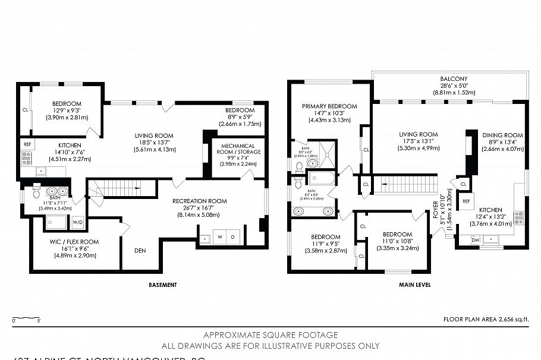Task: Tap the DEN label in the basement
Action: coord(140,251)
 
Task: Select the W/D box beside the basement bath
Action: coord(78,222)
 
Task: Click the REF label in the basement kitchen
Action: coord(27,144)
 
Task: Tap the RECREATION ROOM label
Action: coord(200,201)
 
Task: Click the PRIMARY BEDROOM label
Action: coord(329,107)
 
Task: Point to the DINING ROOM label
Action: coord(502,135)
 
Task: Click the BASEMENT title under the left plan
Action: coord(162,285)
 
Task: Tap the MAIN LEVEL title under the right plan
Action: coord(414,285)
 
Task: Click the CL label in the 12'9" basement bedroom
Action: coord(25,110)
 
